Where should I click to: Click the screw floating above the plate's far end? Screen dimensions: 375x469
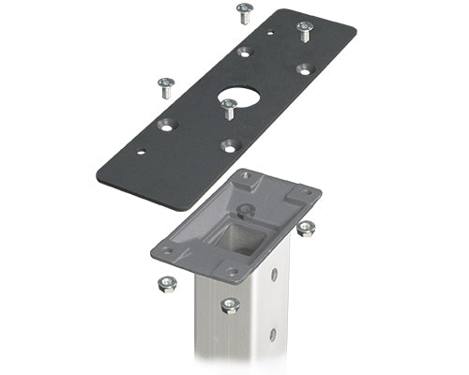point(245,13)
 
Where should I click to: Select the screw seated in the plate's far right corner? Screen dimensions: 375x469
point(305,30)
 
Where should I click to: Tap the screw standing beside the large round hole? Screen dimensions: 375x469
point(228,108)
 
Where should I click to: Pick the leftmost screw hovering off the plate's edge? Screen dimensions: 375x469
point(166,87)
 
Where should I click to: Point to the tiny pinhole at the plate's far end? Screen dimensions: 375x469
point(271,34)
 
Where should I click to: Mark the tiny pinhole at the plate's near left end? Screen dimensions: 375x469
point(141,152)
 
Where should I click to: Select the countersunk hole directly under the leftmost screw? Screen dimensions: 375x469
point(168,123)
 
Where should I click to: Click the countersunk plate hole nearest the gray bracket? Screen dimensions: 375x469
point(229,145)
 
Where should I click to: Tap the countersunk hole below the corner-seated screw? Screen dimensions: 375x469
point(304,69)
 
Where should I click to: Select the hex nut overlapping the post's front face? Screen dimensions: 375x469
point(230,304)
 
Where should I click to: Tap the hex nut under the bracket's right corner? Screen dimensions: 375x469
point(306,228)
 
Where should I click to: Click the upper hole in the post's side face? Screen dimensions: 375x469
point(274,276)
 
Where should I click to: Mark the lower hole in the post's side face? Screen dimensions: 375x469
point(273,334)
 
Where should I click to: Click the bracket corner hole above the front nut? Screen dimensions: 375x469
point(232,272)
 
